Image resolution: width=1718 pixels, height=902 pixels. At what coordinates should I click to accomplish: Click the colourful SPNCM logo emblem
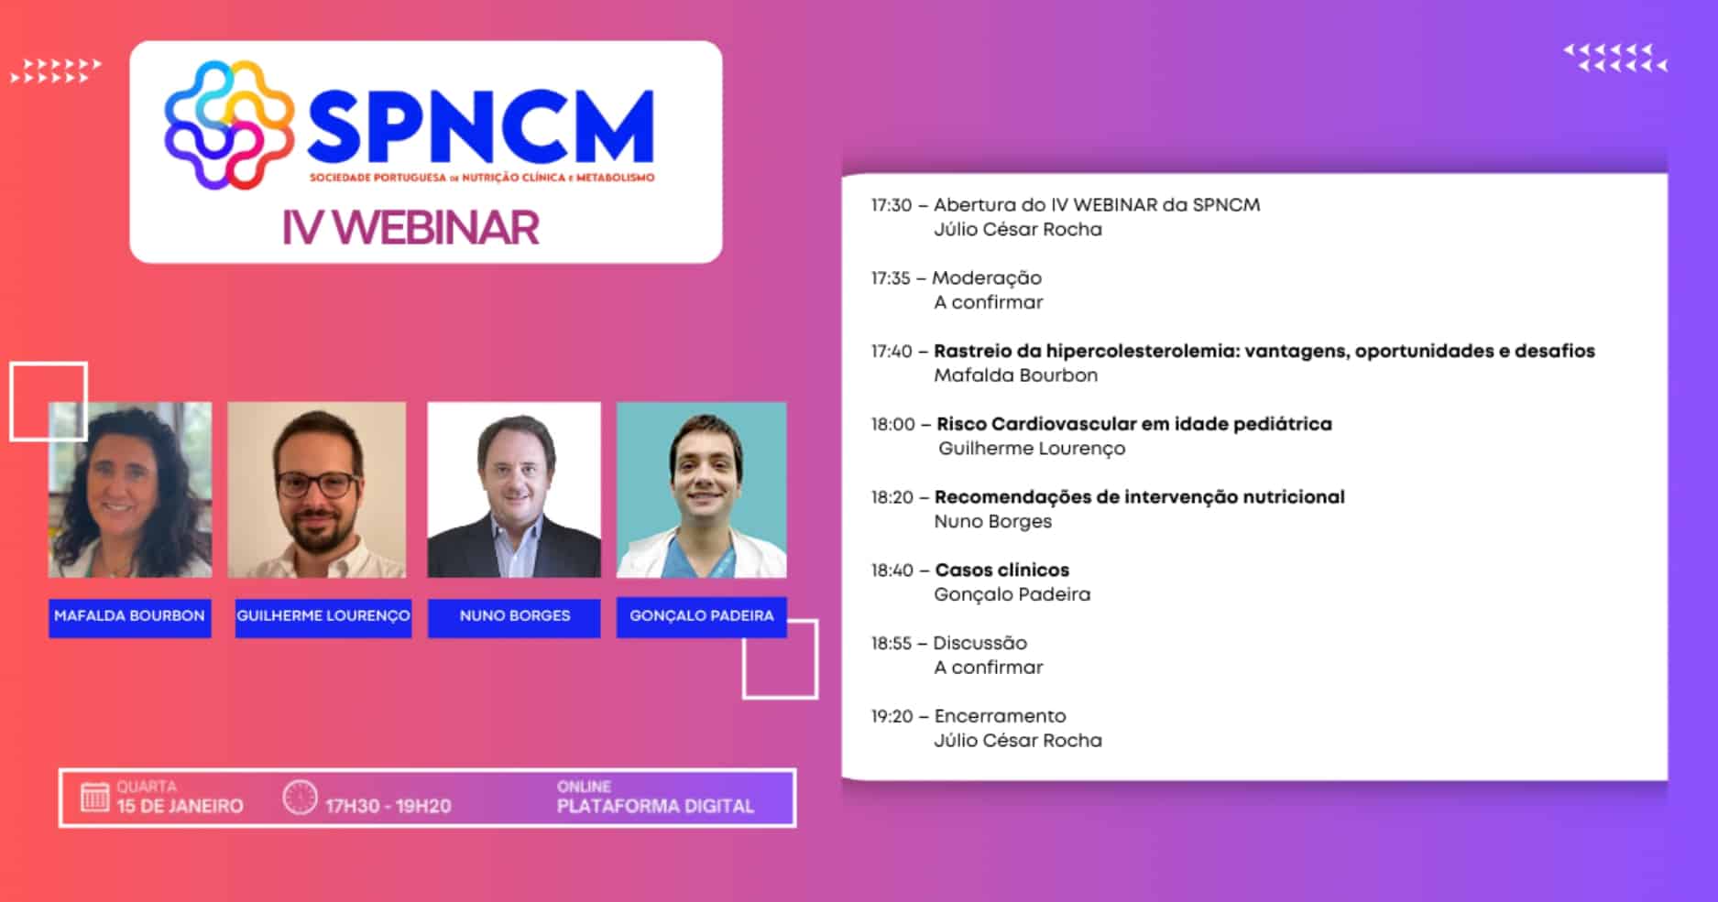(229, 125)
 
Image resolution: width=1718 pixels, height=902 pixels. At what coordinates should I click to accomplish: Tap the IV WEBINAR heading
(410, 228)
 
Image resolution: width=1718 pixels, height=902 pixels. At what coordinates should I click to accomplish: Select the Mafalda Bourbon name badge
(129, 616)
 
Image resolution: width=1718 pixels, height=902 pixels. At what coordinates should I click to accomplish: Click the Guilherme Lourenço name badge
(323, 616)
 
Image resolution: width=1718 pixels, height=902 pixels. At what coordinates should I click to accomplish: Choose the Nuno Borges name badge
(514, 616)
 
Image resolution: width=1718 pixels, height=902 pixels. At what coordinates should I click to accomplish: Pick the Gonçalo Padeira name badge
(701, 616)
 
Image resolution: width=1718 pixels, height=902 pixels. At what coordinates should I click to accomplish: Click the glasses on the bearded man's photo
(317, 484)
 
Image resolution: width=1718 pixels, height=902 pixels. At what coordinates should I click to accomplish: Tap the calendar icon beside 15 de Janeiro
(94, 798)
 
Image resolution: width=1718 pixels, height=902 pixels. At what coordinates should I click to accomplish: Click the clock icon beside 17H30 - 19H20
(300, 798)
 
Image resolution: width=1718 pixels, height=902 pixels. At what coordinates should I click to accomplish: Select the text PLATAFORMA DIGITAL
(655, 807)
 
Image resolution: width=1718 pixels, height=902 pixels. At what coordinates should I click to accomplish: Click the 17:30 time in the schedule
(891, 205)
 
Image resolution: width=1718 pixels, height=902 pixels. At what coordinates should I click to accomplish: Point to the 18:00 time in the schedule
(892, 424)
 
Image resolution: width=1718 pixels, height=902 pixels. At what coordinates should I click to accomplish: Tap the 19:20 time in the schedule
(892, 716)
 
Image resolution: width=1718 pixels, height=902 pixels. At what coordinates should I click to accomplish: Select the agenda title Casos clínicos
(1001, 571)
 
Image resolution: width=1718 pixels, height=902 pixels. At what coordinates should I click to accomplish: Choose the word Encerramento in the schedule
(1000, 716)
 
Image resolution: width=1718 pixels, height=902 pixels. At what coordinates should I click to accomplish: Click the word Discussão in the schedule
(979, 644)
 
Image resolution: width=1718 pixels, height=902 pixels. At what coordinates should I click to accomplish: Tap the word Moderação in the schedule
(987, 278)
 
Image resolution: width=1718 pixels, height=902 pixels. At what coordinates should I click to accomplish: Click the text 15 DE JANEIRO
(180, 807)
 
